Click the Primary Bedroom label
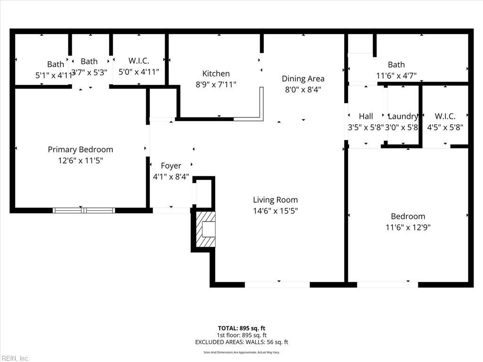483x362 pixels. (80, 149)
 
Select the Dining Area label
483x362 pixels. (303, 79)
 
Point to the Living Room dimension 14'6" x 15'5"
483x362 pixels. (275, 211)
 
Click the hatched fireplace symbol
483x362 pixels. (206, 229)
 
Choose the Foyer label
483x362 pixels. (171, 165)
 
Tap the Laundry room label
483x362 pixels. (402, 116)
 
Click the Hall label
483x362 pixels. (366, 116)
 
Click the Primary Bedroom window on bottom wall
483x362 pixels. (83, 210)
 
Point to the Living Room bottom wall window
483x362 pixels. (277, 285)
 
